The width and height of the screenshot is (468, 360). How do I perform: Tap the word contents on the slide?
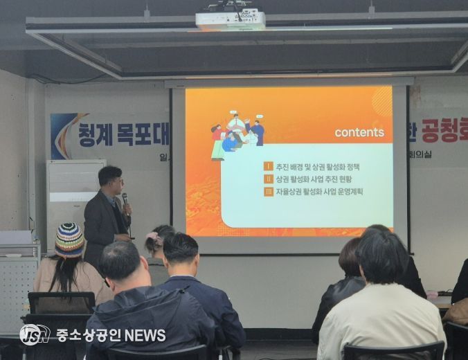(x=359, y=132)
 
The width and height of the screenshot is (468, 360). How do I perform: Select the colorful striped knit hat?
(x=69, y=240)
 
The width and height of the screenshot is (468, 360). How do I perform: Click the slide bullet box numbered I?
(x=269, y=166)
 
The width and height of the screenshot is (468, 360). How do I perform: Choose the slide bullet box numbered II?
(x=269, y=179)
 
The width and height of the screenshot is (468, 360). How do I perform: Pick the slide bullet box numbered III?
(x=269, y=191)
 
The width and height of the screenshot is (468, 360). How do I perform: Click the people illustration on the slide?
(x=237, y=134)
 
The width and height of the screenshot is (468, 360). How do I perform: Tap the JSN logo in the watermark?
(x=34, y=335)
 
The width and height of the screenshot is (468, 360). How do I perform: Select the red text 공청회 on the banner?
(x=444, y=129)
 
